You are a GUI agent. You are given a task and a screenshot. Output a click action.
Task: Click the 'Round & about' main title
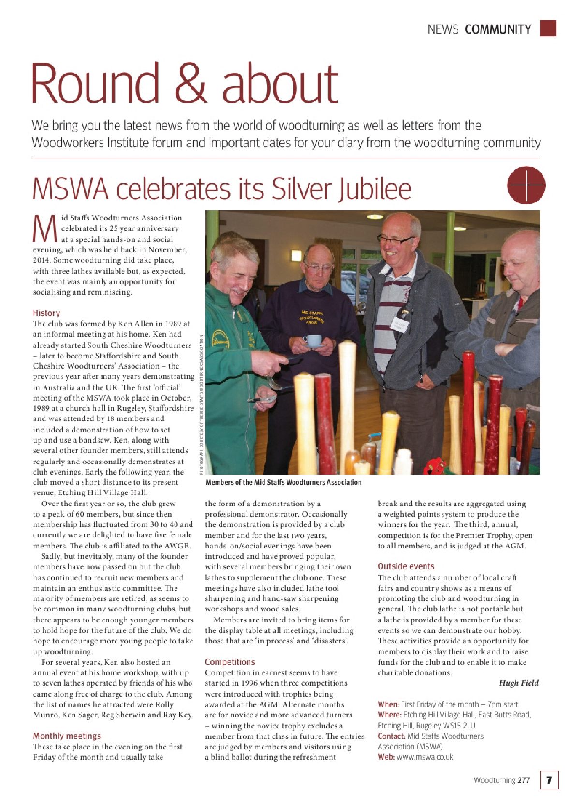click(x=185, y=83)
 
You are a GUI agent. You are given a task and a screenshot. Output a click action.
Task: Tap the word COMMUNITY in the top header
click(x=498, y=29)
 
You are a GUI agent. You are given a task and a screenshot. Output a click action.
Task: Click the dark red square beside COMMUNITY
click(x=548, y=28)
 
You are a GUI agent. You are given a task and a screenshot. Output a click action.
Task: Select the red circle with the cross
click(x=526, y=185)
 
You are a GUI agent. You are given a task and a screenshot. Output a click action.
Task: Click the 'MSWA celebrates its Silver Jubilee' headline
click(x=222, y=188)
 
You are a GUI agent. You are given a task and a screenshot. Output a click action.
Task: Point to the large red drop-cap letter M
click(x=44, y=230)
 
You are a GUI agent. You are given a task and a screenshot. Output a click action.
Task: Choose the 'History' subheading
click(x=46, y=313)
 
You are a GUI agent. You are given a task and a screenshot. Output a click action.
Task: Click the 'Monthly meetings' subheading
click(x=67, y=736)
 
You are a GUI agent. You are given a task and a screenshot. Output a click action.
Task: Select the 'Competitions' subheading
click(x=230, y=662)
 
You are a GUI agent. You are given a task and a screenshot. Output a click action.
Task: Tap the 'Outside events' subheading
click(x=406, y=566)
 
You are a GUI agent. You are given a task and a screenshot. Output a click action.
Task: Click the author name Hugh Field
click(x=518, y=683)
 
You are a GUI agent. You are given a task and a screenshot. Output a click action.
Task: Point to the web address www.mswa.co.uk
click(x=425, y=757)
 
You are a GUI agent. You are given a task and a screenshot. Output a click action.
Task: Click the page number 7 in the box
click(x=549, y=780)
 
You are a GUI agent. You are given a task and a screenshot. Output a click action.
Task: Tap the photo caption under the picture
click(x=283, y=482)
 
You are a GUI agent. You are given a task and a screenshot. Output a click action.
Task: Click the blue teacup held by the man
click(x=313, y=341)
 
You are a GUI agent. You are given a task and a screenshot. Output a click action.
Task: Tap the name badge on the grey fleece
click(x=399, y=325)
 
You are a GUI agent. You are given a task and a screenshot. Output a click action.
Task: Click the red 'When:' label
click(x=388, y=704)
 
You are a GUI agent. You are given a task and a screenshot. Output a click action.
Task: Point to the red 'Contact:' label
click(x=391, y=736)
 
